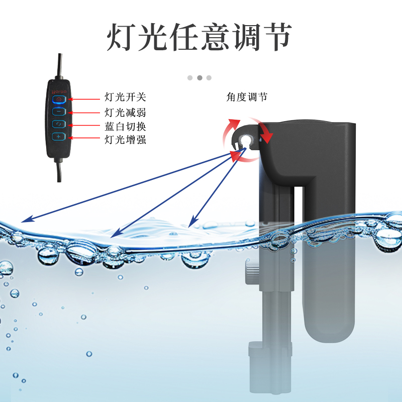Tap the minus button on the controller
59,112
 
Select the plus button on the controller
59,137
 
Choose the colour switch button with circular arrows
59,124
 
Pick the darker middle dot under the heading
199,78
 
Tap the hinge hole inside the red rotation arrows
245,140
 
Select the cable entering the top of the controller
60,65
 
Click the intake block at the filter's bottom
256,351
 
